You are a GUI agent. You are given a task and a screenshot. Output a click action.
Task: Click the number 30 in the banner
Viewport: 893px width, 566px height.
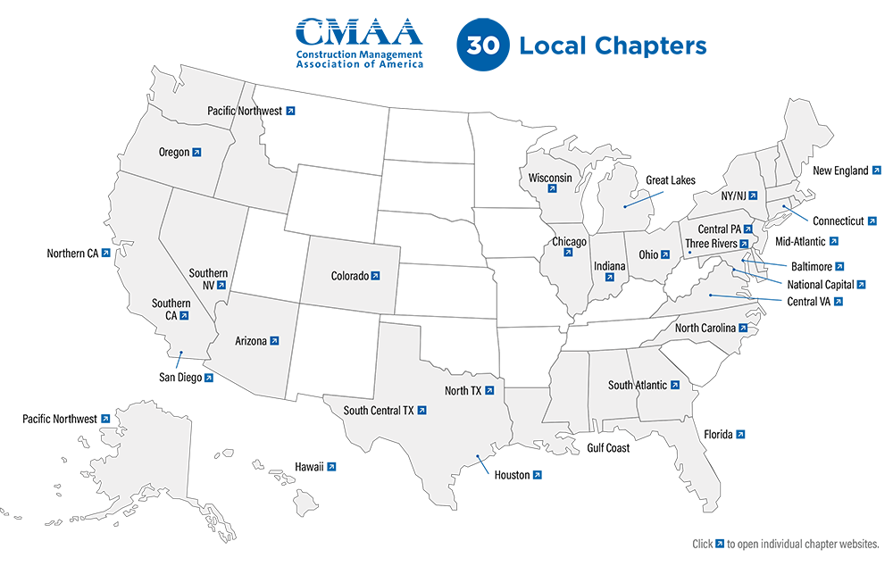[x=483, y=46]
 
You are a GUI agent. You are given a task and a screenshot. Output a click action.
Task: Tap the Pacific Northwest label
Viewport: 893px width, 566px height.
[x=245, y=111]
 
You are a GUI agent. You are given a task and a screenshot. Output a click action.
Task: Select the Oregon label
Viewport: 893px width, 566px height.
[x=174, y=152]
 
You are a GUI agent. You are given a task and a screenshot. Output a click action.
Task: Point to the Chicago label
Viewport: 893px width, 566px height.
[x=569, y=242]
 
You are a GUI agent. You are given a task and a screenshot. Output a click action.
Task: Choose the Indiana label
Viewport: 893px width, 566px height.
[x=610, y=266]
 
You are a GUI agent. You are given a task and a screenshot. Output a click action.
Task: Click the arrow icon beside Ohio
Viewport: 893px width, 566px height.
[x=665, y=255]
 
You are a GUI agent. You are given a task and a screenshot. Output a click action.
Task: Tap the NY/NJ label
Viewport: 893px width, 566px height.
[x=739, y=196]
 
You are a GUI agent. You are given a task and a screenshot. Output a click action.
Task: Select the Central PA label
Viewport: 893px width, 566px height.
[x=719, y=229]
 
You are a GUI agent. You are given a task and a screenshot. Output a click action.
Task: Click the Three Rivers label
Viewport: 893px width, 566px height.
[x=712, y=243]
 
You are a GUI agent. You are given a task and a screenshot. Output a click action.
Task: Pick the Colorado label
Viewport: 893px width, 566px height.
[x=350, y=276]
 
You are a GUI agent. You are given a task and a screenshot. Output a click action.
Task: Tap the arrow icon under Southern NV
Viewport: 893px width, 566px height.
[x=221, y=286]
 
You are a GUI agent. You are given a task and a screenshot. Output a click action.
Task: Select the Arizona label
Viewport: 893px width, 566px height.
[x=250, y=340]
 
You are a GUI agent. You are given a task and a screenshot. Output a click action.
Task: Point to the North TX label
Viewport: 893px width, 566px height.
[x=463, y=390]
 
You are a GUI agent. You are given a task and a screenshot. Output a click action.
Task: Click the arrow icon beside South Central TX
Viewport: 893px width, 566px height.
[x=421, y=411]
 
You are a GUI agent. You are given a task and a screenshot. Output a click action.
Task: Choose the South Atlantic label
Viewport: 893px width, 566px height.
[x=638, y=385]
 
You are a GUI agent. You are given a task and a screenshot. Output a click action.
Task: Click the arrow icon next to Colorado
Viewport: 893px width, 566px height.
[x=376, y=276]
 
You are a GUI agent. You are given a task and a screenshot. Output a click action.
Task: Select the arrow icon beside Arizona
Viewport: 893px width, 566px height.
[x=274, y=340]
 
